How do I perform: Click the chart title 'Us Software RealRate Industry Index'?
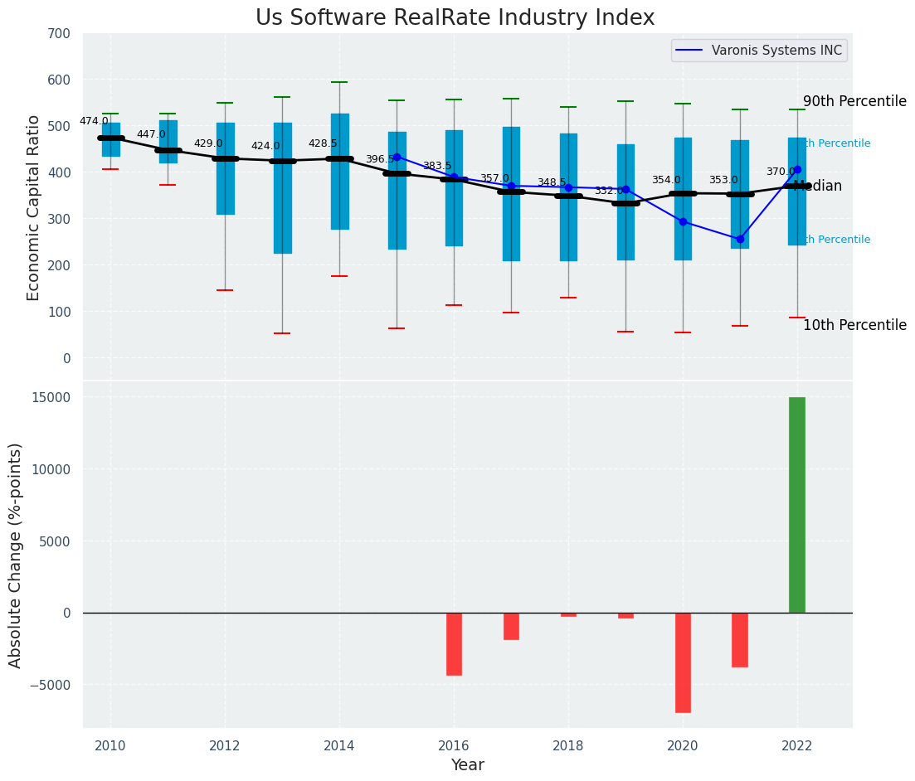[x=455, y=18]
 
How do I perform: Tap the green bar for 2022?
[x=797, y=505]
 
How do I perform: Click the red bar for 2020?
[x=683, y=662]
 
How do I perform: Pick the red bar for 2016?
[x=454, y=644]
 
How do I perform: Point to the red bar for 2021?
[x=740, y=640]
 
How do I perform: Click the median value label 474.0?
[x=94, y=121]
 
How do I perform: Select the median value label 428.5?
[x=323, y=143]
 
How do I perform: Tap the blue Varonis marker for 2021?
[x=740, y=239]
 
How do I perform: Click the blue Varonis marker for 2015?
[x=397, y=157]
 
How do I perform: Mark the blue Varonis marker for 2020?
[x=683, y=221]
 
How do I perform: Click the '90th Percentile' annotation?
[x=854, y=101]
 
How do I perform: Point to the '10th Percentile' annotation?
[x=854, y=325]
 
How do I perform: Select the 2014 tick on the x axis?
[x=339, y=745]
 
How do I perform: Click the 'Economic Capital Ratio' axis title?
[x=34, y=207]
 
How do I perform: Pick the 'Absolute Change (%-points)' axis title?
[x=16, y=555]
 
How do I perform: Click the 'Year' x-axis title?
[x=467, y=764]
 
